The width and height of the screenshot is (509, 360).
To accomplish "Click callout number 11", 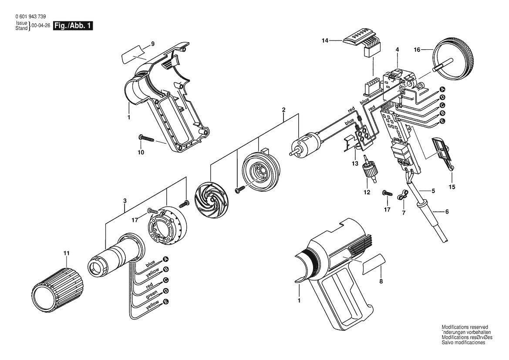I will pyautogui.click(x=66, y=253).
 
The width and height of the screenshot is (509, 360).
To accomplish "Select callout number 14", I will pyautogui.click(x=324, y=41).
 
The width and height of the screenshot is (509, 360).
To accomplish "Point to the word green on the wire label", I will pyautogui.click(x=151, y=294).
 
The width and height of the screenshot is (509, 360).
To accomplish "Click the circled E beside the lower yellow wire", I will pyautogui.click(x=165, y=302).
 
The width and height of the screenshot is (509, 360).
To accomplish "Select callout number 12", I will pyautogui.click(x=367, y=192).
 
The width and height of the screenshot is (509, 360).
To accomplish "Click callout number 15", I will pyautogui.click(x=452, y=187).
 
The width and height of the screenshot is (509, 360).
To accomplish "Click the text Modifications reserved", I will pyautogui.click(x=465, y=327).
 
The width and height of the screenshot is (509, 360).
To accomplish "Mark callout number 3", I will pyautogui.click(x=125, y=200).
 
